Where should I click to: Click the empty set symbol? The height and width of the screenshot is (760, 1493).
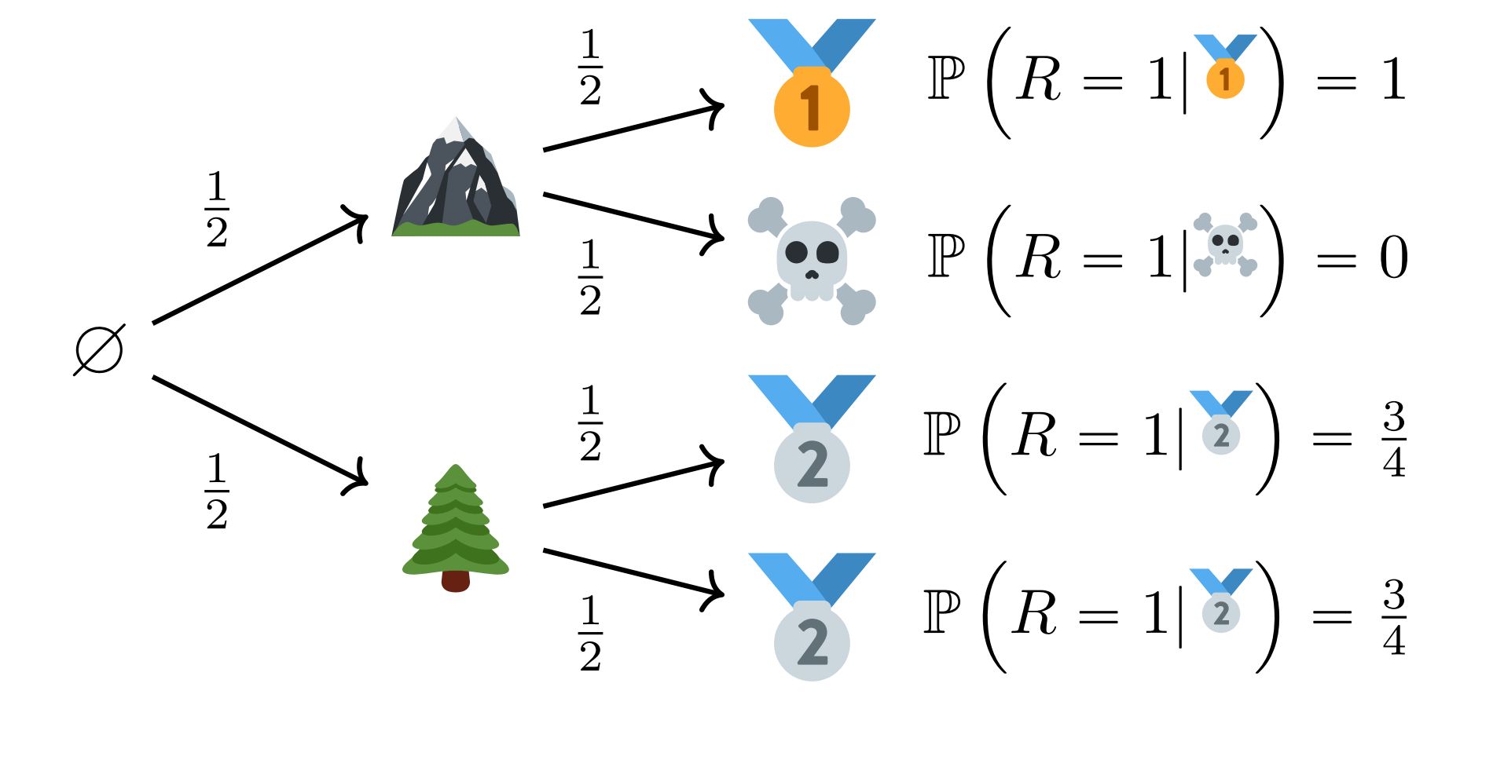click(x=99, y=349)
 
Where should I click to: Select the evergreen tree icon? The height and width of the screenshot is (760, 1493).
click(x=456, y=526)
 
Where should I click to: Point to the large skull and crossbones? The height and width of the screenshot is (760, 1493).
click(x=812, y=261)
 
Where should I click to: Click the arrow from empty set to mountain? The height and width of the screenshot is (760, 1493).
click(x=259, y=269)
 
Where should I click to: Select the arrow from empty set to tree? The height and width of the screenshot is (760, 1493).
click(x=259, y=432)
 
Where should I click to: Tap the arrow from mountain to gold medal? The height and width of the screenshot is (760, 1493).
click(x=633, y=127)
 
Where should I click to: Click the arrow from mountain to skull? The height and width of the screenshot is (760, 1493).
click(x=633, y=216)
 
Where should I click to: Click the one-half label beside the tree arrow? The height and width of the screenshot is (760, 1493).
click(x=217, y=491)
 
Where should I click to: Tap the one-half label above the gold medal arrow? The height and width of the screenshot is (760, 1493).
click(x=590, y=67)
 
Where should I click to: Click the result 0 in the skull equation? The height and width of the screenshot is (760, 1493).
click(x=1393, y=258)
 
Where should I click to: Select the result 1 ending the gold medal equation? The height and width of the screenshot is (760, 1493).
click(x=1393, y=79)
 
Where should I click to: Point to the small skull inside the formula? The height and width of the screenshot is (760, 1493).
click(x=1225, y=243)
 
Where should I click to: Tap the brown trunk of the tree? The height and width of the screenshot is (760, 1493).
click(x=456, y=581)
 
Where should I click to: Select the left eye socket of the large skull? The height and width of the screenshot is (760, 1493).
click(x=797, y=253)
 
